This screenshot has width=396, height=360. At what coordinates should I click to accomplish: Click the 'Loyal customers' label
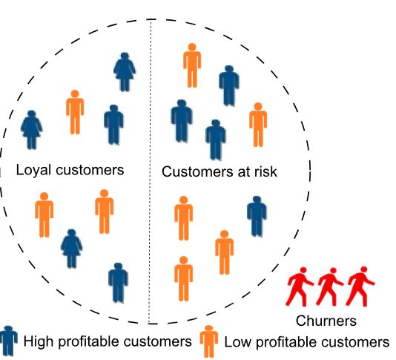(70, 170)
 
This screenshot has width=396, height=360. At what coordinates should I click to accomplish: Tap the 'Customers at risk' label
(219, 172)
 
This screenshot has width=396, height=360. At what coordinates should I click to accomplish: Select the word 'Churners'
(326, 321)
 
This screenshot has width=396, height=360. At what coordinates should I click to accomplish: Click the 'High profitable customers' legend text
(108, 342)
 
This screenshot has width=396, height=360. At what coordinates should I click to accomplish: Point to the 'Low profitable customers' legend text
(306, 342)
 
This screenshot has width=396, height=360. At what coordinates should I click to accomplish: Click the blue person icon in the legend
(9, 341)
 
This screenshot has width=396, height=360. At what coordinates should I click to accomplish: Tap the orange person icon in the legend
(209, 341)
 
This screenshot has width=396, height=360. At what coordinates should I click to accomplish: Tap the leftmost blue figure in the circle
(31, 129)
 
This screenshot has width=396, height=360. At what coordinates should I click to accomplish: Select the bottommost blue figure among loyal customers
(118, 283)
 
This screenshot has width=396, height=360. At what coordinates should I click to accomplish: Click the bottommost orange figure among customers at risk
(184, 278)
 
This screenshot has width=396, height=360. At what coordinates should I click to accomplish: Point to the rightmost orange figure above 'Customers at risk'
(257, 124)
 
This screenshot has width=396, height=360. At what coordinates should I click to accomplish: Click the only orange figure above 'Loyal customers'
(74, 112)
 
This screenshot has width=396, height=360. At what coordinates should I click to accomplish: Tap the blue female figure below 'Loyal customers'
(72, 248)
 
